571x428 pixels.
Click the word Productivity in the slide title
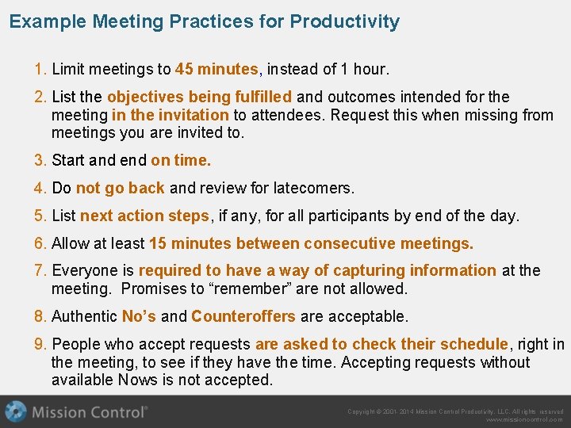pyautogui.click(x=344, y=21)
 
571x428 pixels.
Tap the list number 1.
pyautogui.click(x=40, y=69)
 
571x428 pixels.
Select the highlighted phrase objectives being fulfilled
pyautogui.click(x=199, y=97)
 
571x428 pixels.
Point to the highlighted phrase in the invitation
pyautogui.click(x=171, y=115)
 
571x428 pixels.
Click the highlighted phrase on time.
pyautogui.click(x=181, y=160)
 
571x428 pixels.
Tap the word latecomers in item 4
pyautogui.click(x=314, y=188)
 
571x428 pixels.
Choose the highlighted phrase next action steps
pyautogui.click(x=144, y=216)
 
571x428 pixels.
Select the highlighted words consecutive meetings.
pyautogui.click(x=388, y=243)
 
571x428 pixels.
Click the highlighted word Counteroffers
pyautogui.click(x=243, y=316)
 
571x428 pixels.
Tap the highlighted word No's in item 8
pyautogui.click(x=139, y=316)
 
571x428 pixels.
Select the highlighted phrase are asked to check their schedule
pyautogui.click(x=381, y=344)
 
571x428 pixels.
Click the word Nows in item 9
pyautogui.click(x=137, y=380)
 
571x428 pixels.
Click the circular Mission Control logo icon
pyautogui.click(x=15, y=411)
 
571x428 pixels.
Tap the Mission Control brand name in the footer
pyautogui.click(x=89, y=412)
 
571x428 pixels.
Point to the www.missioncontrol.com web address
pyautogui.click(x=524, y=420)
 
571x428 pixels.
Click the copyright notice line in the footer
pyautogui.click(x=455, y=411)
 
